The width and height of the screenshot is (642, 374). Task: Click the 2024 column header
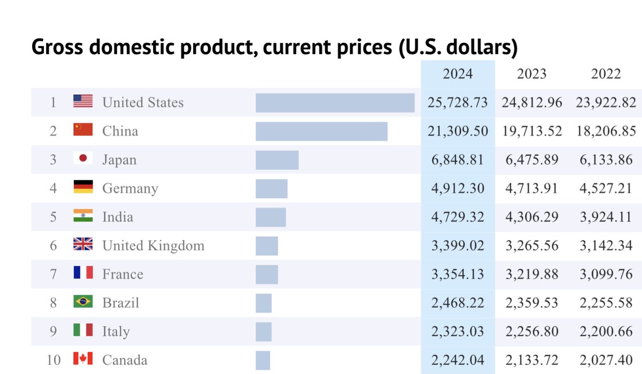(x=458, y=74)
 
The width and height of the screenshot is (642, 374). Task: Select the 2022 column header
(x=606, y=74)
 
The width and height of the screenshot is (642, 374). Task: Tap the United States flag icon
(x=83, y=101)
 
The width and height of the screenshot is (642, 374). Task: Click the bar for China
(x=322, y=131)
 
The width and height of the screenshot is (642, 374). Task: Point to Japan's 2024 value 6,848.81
(x=458, y=160)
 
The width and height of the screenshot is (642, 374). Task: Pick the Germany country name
(x=130, y=189)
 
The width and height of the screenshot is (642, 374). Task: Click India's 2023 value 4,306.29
(x=532, y=217)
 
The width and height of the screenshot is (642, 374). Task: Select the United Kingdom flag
(x=83, y=244)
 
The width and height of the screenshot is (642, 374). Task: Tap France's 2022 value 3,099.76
(x=606, y=274)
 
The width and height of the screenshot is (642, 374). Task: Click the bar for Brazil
(x=264, y=303)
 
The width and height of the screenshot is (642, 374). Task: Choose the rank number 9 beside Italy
(x=53, y=331)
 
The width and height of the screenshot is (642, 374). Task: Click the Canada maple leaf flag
(x=83, y=358)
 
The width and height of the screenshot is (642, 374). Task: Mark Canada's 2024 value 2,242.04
(x=458, y=360)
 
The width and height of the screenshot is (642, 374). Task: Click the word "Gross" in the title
(x=57, y=47)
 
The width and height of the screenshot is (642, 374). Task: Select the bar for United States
(x=335, y=103)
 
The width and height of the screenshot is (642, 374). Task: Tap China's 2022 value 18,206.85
(x=606, y=131)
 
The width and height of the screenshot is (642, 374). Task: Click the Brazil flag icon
(x=83, y=301)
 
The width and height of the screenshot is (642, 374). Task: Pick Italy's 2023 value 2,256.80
(x=532, y=332)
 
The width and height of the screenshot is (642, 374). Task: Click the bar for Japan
(x=277, y=160)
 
